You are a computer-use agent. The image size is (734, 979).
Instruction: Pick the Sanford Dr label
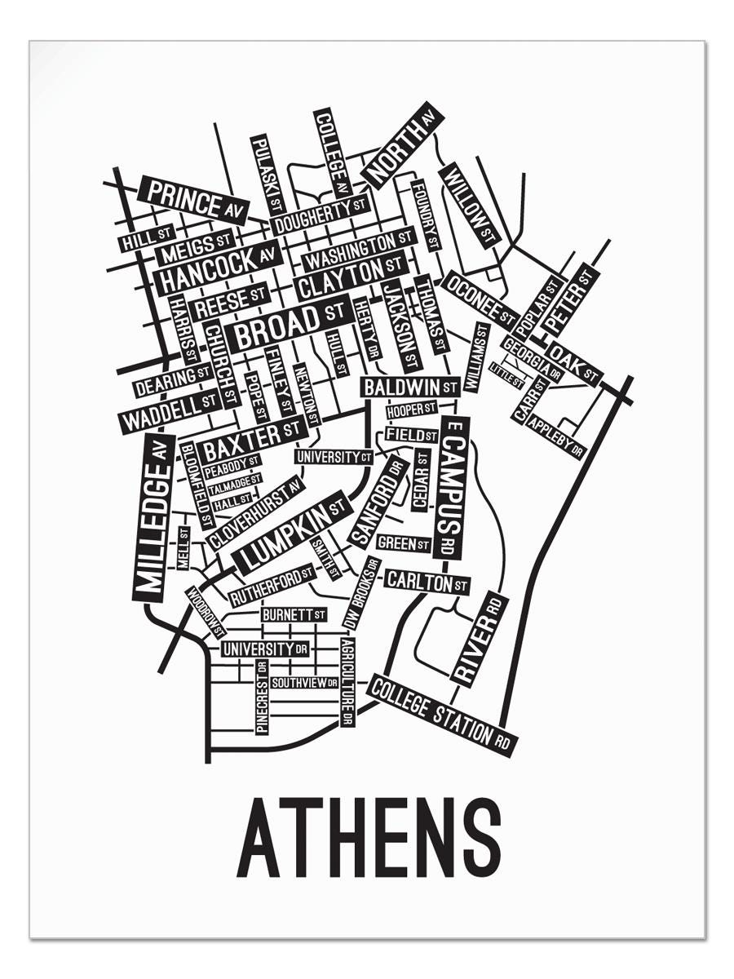tap(378, 502)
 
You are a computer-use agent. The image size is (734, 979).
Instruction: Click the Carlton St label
tap(427, 582)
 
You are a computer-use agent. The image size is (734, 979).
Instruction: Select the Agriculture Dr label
tap(347, 682)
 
